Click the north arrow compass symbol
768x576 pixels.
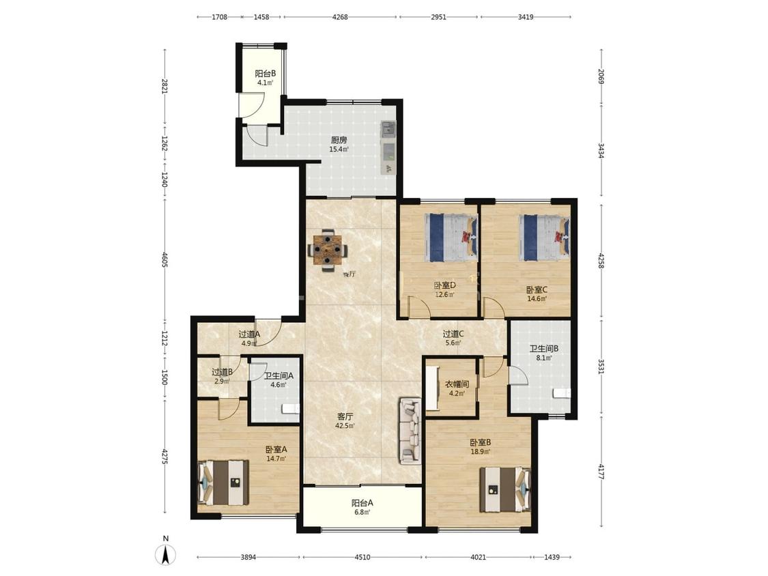166,554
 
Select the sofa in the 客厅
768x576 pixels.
410,431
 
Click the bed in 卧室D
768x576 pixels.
451,237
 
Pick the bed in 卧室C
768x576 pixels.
545,237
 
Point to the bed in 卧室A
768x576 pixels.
223,483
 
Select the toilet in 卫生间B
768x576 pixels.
562,393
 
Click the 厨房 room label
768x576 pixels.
339,140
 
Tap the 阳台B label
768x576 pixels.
265,74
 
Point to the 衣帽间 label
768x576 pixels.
457,384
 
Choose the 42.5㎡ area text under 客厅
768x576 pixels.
345,426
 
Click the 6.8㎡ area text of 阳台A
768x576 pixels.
362,513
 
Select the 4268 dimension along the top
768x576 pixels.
340,17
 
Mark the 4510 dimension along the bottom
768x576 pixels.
362,557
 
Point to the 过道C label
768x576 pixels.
453,334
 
